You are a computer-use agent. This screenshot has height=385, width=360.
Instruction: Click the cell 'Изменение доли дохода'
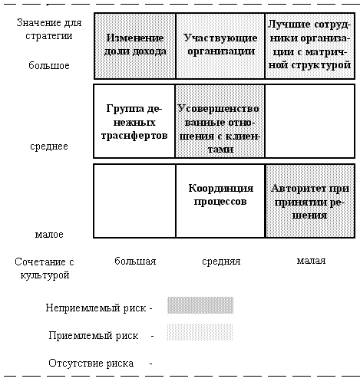coord(135,46)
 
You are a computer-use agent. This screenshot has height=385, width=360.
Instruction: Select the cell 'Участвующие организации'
coord(220,46)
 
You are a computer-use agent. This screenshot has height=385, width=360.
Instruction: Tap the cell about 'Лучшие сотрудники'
coord(310,46)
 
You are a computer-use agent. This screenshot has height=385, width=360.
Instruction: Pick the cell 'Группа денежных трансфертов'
coord(134,121)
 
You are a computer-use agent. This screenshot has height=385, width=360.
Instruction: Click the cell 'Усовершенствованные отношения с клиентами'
coord(220,121)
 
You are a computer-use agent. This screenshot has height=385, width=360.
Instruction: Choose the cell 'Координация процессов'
coord(220,201)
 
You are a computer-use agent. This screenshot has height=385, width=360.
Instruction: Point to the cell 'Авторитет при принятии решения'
coord(310,201)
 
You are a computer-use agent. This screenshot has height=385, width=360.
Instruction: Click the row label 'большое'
coord(49,65)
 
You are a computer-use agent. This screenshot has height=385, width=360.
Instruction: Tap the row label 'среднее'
coord(49,146)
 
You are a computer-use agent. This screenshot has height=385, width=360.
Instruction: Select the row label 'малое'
coord(49,234)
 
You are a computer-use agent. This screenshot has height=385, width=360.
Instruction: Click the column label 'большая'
coord(135,261)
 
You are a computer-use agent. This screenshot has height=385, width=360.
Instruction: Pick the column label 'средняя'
coord(221,262)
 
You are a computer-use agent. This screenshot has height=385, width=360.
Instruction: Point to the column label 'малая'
coord(311,261)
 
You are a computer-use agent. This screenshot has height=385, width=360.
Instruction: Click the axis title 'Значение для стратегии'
coord(49,29)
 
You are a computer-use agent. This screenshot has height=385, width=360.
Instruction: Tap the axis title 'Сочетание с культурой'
coord(45,268)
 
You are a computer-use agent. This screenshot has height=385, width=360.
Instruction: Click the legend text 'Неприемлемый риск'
coord(96,308)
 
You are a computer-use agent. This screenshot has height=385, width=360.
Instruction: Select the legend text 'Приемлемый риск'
coord(94,335)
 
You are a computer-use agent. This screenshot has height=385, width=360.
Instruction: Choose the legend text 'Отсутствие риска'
coord(91,363)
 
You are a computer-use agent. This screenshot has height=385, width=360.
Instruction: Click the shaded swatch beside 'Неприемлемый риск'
coord(200,305)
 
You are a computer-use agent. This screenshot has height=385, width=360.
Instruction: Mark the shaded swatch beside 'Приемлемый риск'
coord(200,332)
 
